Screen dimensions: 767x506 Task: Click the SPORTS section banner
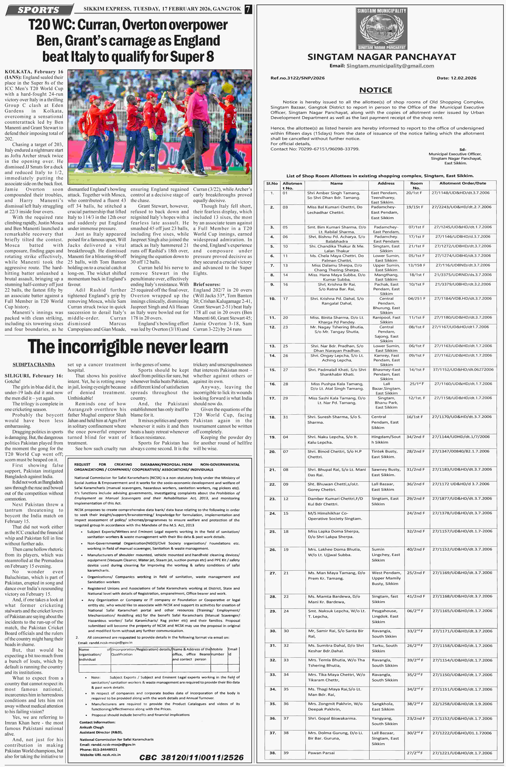click(39, 10)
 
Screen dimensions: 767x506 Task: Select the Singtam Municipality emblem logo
click(381, 29)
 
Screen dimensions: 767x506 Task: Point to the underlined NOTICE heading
click(376, 90)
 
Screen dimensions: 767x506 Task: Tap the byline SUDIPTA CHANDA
click(34, 365)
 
